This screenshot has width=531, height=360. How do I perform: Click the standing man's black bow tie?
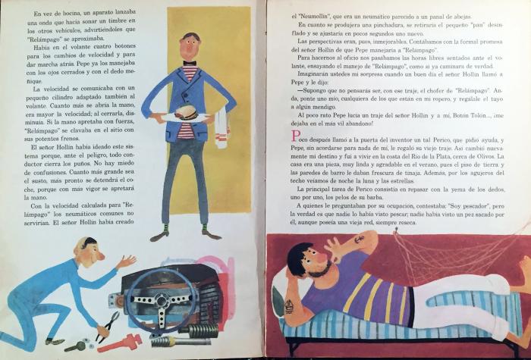point(190,63)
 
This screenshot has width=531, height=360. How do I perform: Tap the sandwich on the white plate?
point(186,112)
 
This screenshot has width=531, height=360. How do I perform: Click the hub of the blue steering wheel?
point(161,300)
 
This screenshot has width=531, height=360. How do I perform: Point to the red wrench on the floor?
point(120,343)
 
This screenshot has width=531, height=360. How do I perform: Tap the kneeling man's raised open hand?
point(127,261)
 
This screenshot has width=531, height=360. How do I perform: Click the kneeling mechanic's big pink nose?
point(101,256)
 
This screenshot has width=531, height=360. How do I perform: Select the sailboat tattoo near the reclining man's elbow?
point(288,306)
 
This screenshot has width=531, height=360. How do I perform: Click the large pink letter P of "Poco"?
point(296,136)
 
